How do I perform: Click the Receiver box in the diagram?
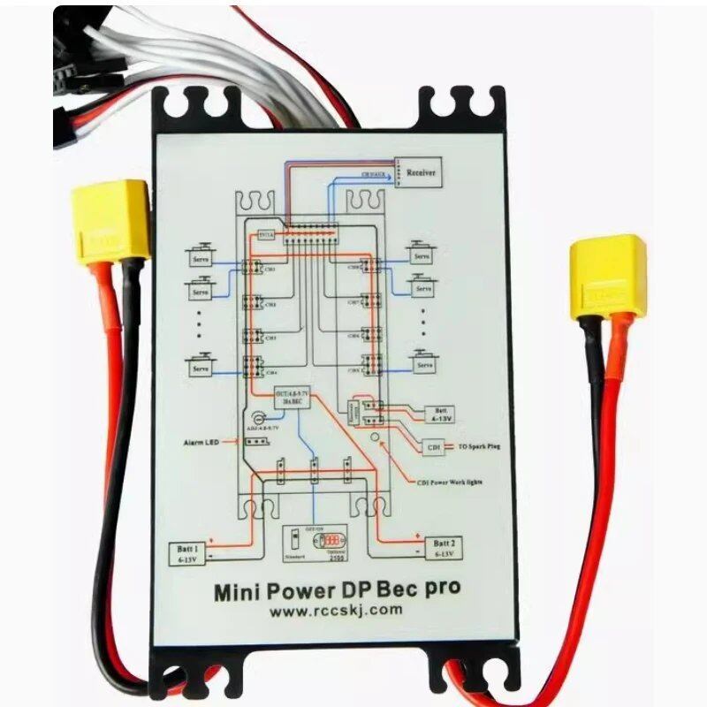click(422, 173)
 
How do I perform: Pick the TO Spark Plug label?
click(480, 448)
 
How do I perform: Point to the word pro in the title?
click(440, 588)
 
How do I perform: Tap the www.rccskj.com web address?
click(336, 610)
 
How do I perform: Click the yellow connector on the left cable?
click(110, 221)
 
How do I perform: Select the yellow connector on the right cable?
click(608, 276)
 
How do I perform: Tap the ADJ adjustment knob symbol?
click(260, 420)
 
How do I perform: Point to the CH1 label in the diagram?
click(270, 270)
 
